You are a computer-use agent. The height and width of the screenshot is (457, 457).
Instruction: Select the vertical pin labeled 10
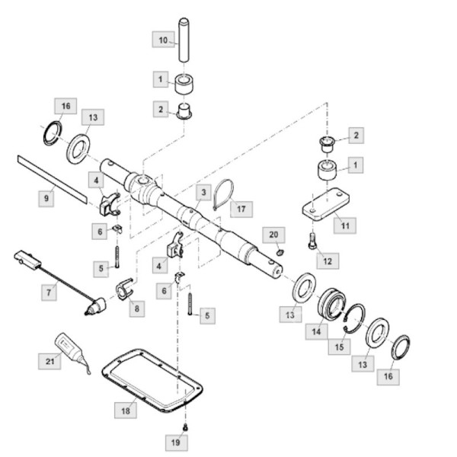pos(184,40)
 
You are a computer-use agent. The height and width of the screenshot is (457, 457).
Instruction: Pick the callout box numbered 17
pos(241,207)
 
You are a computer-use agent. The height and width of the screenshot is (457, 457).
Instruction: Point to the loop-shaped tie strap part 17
pos(222,193)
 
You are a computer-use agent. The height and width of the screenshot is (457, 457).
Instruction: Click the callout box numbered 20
pos(274,234)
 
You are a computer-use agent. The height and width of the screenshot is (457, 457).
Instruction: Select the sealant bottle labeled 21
pos(72,351)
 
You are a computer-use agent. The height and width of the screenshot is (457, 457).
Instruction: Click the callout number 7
pos(50,292)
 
